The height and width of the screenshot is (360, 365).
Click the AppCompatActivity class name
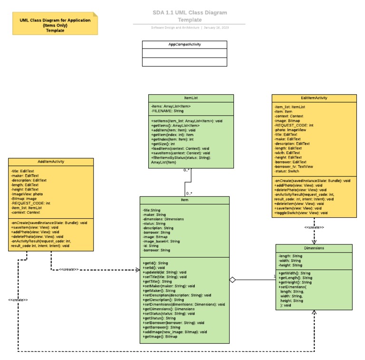pyautogui.click(x=184, y=44)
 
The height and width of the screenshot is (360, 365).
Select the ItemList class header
pyautogui.click(x=191, y=98)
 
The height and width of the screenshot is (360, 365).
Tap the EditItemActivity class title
pyautogui.click(x=314, y=98)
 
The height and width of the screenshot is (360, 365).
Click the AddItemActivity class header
pyautogui.click(x=51, y=162)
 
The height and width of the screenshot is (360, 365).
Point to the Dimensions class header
pyautogui.click(x=314, y=248)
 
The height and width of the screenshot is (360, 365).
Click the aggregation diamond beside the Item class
pyautogui.click(x=232, y=280)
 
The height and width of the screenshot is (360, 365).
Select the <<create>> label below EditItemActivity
pyautogui.click(x=314, y=227)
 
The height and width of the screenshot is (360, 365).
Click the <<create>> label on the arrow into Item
pyautogui.click(x=69, y=270)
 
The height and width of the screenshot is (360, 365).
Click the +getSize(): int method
pyautogui.click(x=164, y=144)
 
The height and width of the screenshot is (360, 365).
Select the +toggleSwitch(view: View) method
pyautogui.click(x=301, y=213)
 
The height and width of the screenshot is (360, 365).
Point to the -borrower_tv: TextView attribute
pyautogui.click(x=294, y=167)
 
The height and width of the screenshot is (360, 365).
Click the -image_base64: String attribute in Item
pyautogui.click(x=161, y=241)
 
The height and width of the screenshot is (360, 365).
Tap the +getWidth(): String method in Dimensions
pyautogui.click(x=294, y=273)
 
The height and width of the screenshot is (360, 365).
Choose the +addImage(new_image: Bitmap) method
pyautogui.click(x=174, y=332)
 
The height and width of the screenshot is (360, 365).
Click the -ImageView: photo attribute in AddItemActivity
pyautogui.click(x=27, y=194)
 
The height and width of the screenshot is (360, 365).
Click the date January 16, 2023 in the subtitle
pyautogui.click(x=216, y=28)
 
